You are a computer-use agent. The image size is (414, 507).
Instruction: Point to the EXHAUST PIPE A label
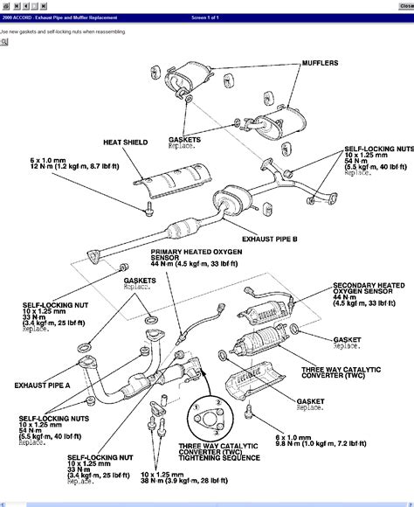pyautogui.click(x=42, y=383)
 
